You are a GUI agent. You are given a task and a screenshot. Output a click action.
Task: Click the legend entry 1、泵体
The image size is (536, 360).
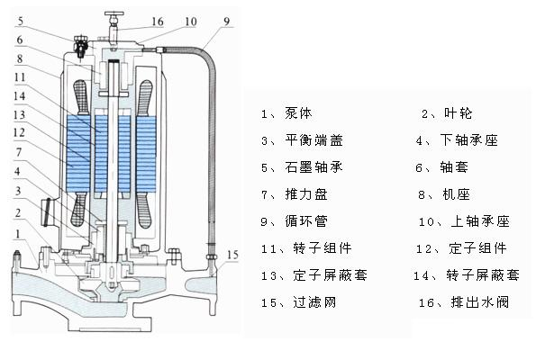(289, 113)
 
